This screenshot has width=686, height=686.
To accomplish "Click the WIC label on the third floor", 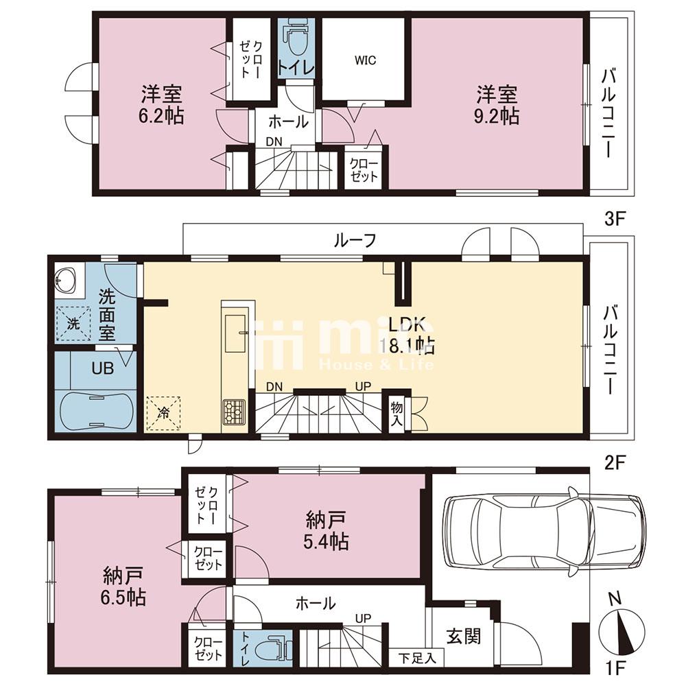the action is click(x=366, y=60).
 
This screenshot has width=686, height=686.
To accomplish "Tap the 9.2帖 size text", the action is click(x=497, y=117).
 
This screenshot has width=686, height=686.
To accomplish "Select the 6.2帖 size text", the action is click(x=161, y=117).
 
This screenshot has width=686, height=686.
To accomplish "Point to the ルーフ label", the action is click(x=355, y=240).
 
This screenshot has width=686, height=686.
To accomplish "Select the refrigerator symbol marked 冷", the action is click(x=163, y=414).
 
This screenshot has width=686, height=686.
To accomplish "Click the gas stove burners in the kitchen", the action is click(x=235, y=412).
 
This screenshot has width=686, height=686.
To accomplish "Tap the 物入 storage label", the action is click(x=397, y=414).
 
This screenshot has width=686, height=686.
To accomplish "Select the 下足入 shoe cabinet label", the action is click(x=417, y=659).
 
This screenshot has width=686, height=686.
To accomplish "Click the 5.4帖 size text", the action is click(x=326, y=542).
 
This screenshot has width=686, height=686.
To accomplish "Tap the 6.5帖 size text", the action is click(x=124, y=598).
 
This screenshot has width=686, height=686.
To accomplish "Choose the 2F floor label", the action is click(x=615, y=463).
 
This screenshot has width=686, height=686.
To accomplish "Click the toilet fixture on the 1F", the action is click(x=273, y=647).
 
